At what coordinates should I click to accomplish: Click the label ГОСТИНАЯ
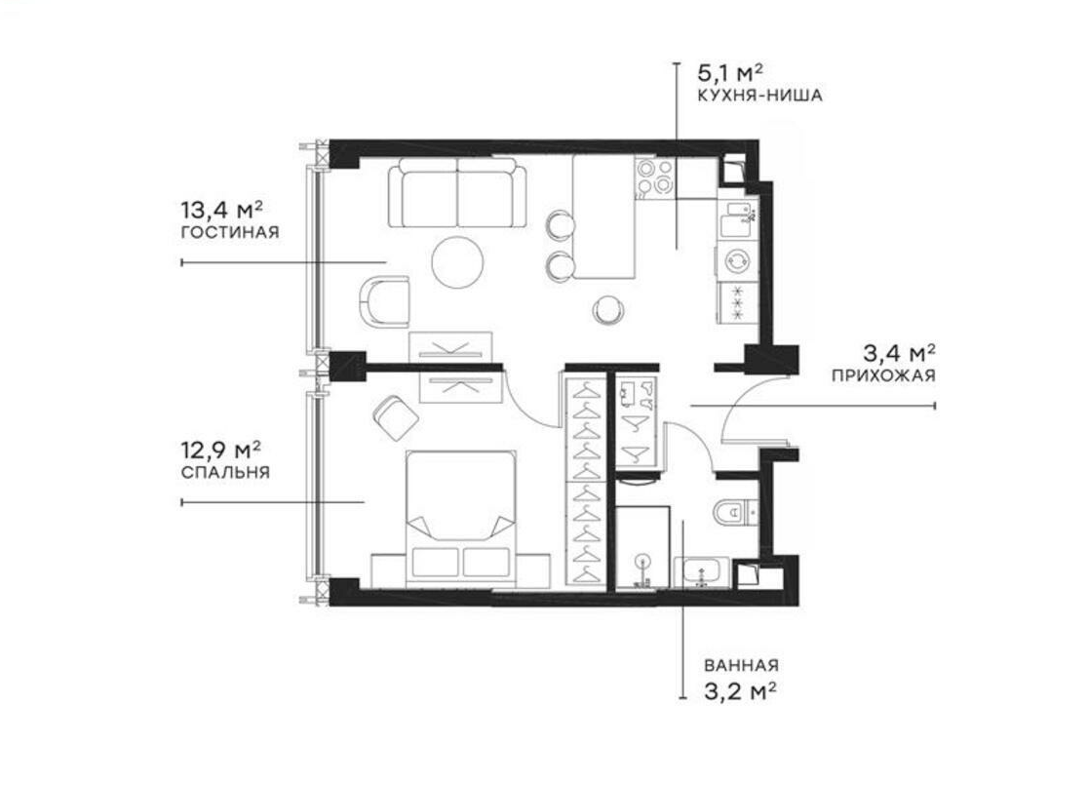click(230, 233)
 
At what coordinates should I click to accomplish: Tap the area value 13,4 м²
click(222, 209)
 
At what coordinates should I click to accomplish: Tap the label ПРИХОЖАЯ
click(883, 375)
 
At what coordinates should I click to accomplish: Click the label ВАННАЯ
click(741, 666)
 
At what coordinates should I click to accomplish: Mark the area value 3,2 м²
click(740, 690)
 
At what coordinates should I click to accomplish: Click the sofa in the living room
click(456, 193)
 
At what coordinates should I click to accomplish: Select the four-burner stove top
click(654, 178)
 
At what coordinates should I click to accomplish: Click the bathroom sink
click(699, 573)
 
